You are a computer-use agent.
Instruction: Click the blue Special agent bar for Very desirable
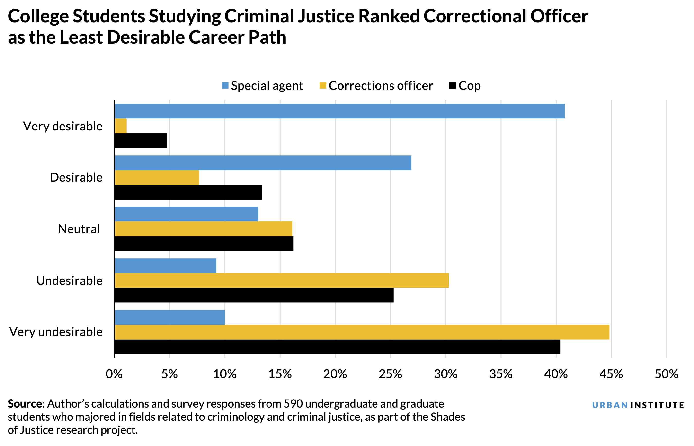(x=339, y=111)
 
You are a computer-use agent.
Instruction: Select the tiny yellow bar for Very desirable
(x=121, y=126)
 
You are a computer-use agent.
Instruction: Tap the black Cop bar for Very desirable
(x=141, y=141)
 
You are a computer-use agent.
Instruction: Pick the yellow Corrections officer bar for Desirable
(x=157, y=178)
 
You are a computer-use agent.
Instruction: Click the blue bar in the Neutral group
(x=186, y=214)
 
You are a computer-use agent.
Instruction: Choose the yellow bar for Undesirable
(x=281, y=280)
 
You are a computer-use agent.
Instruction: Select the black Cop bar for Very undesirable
(x=337, y=347)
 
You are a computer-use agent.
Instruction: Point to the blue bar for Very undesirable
(x=170, y=318)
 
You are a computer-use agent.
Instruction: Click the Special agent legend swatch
(x=225, y=85)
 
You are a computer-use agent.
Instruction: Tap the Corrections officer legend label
(x=381, y=86)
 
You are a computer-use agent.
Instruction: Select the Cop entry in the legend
(x=469, y=86)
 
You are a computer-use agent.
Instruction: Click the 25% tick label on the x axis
(x=391, y=374)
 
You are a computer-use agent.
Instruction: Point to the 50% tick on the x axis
(x=666, y=374)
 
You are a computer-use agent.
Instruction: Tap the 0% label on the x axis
(x=114, y=374)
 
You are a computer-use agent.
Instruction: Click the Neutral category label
(x=79, y=229)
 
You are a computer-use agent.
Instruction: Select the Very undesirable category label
(x=56, y=332)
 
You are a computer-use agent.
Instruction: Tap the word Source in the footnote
(x=25, y=404)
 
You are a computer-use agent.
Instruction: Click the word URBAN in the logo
(x=610, y=405)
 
